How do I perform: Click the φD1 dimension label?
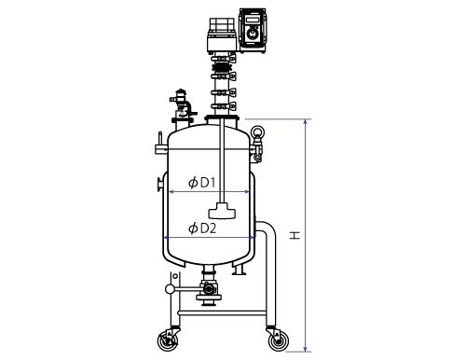click(x=202, y=183)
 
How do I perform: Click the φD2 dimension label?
click(x=202, y=228)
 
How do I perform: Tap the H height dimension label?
click(x=295, y=235)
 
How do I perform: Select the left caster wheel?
click(x=168, y=341)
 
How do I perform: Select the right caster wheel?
click(x=278, y=341)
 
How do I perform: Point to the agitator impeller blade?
click(x=222, y=211)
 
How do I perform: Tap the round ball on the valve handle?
click(x=170, y=289)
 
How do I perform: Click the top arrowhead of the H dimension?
click(x=306, y=121)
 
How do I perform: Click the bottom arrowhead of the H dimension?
click(x=306, y=349)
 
